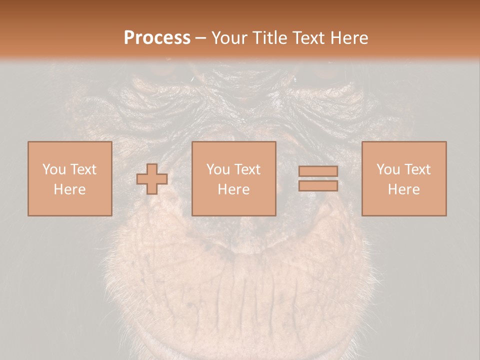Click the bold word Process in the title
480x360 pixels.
tap(157, 38)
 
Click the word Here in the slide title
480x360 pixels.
tap(349, 38)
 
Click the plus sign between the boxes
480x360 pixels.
tap(152, 178)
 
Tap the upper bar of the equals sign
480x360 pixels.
tap(318, 171)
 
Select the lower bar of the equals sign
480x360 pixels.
tap(318, 185)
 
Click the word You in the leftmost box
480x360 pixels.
tap(53, 169)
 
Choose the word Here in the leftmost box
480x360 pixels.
tap(69, 189)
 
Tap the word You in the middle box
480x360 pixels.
tap(218, 169)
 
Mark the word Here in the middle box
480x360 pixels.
tap(234, 189)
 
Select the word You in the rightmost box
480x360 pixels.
tap(388, 169)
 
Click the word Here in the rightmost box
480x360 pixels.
tap(404, 189)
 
